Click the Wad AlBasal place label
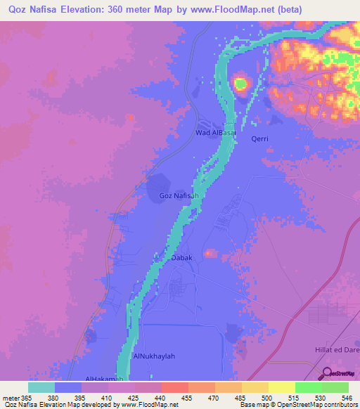coord(214,132)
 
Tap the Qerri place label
coord(260,139)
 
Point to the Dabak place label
coord(182,258)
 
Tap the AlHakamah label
coord(104,379)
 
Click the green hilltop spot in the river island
coord(241,85)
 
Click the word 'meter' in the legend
coord(12,397)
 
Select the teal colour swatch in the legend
coord(41,387)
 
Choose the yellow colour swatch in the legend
coord(281,387)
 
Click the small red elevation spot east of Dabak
coord(210,253)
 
